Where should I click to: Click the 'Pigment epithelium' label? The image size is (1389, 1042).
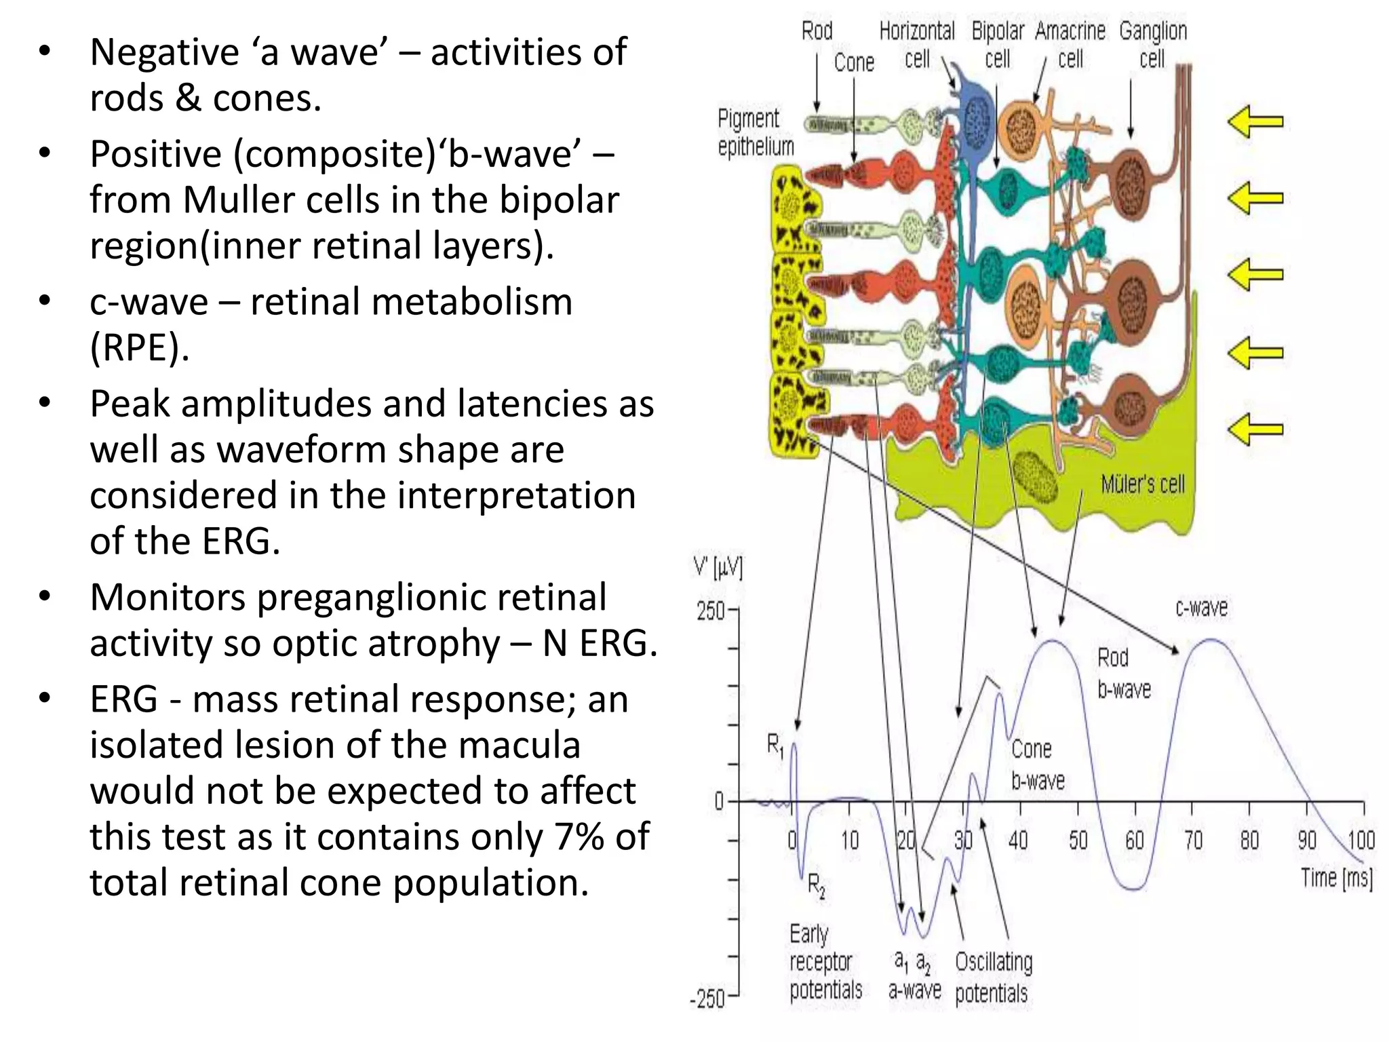[x=755, y=132]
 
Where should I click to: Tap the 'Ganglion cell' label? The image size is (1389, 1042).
[x=1152, y=45]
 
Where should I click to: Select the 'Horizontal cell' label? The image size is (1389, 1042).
[x=917, y=45]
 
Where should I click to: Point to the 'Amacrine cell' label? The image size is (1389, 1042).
[x=1070, y=45]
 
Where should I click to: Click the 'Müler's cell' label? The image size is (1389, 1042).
[x=1142, y=484]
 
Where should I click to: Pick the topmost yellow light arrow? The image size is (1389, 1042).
[x=1255, y=122]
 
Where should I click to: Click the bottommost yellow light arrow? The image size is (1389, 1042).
[x=1255, y=429]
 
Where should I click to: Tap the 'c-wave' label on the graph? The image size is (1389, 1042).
[x=1201, y=607]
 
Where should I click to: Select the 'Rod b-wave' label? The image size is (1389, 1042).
[x=1123, y=673]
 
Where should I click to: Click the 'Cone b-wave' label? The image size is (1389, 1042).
[x=1037, y=765]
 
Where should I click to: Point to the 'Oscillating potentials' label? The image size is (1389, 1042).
[x=993, y=977]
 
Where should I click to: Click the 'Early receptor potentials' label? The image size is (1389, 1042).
[x=825, y=962]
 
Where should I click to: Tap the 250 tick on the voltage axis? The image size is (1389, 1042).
[x=711, y=611]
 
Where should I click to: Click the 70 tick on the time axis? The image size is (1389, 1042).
[x=1192, y=841]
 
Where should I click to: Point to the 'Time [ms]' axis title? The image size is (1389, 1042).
[x=1335, y=878]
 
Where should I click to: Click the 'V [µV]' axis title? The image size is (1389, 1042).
[x=718, y=567]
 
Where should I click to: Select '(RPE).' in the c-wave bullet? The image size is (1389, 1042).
[x=139, y=348]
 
